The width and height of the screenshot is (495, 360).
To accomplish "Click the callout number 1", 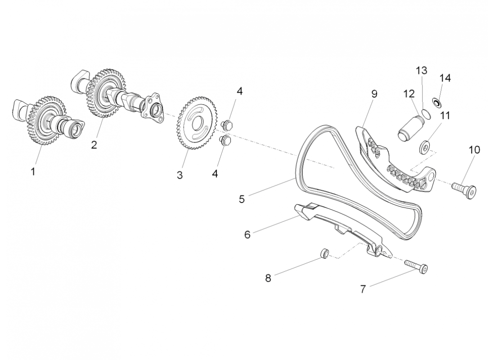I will (32, 171).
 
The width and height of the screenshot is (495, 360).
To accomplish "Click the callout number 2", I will (94, 144).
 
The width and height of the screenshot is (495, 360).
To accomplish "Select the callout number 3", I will (180, 175).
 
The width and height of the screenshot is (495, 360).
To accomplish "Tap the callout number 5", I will (242, 198).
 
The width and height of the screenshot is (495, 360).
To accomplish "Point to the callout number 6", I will (247, 234).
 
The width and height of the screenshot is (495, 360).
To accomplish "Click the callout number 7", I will (363, 288).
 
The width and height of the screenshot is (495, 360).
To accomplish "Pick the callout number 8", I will (268, 278).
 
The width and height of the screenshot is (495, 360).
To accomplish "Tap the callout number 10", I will (474, 149).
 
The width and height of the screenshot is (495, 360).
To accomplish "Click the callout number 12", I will (409, 94).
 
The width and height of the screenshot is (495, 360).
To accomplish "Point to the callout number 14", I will (445, 78).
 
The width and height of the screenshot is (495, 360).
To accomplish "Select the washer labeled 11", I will (424, 146).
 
